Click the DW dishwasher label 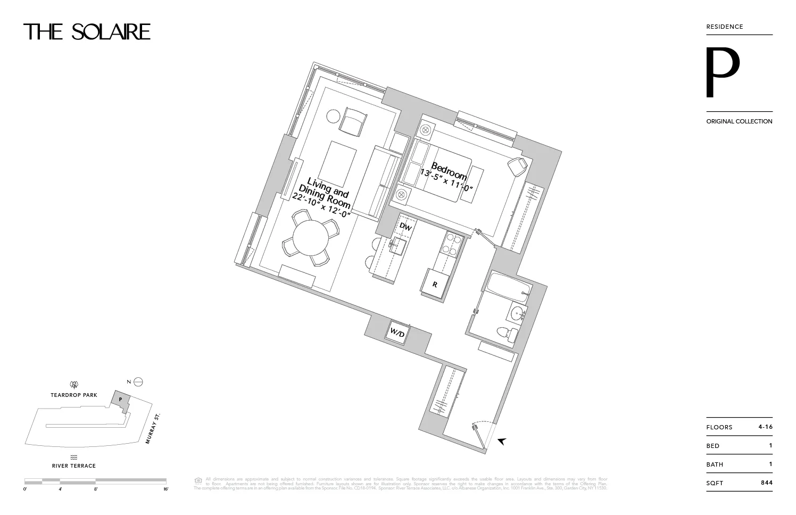(405, 227)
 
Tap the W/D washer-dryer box (397, 334)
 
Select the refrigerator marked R (435, 285)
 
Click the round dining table (311, 238)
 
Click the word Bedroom (449, 171)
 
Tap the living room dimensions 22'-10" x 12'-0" (322, 206)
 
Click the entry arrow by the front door (501, 441)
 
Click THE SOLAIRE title (87, 32)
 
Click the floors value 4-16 (765, 427)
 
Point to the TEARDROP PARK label (74, 395)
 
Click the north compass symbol (138, 381)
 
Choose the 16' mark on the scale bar (166, 488)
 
